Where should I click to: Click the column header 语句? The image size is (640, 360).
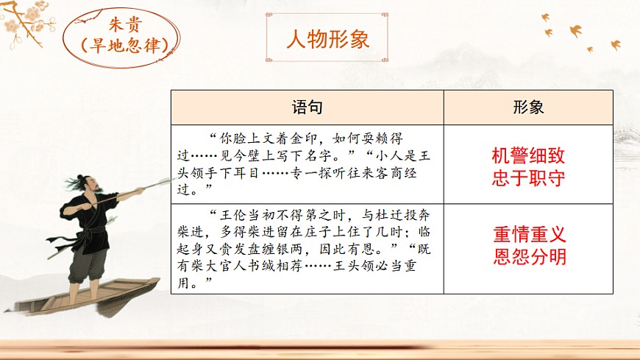click(x=307, y=107)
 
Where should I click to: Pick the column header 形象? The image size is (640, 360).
click(x=528, y=107)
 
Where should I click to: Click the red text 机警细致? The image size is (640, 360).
click(x=528, y=155)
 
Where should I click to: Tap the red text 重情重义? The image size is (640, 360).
click(x=528, y=235)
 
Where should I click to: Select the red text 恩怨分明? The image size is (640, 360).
click(x=528, y=257)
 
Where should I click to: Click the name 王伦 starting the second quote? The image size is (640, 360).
click(x=230, y=216)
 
